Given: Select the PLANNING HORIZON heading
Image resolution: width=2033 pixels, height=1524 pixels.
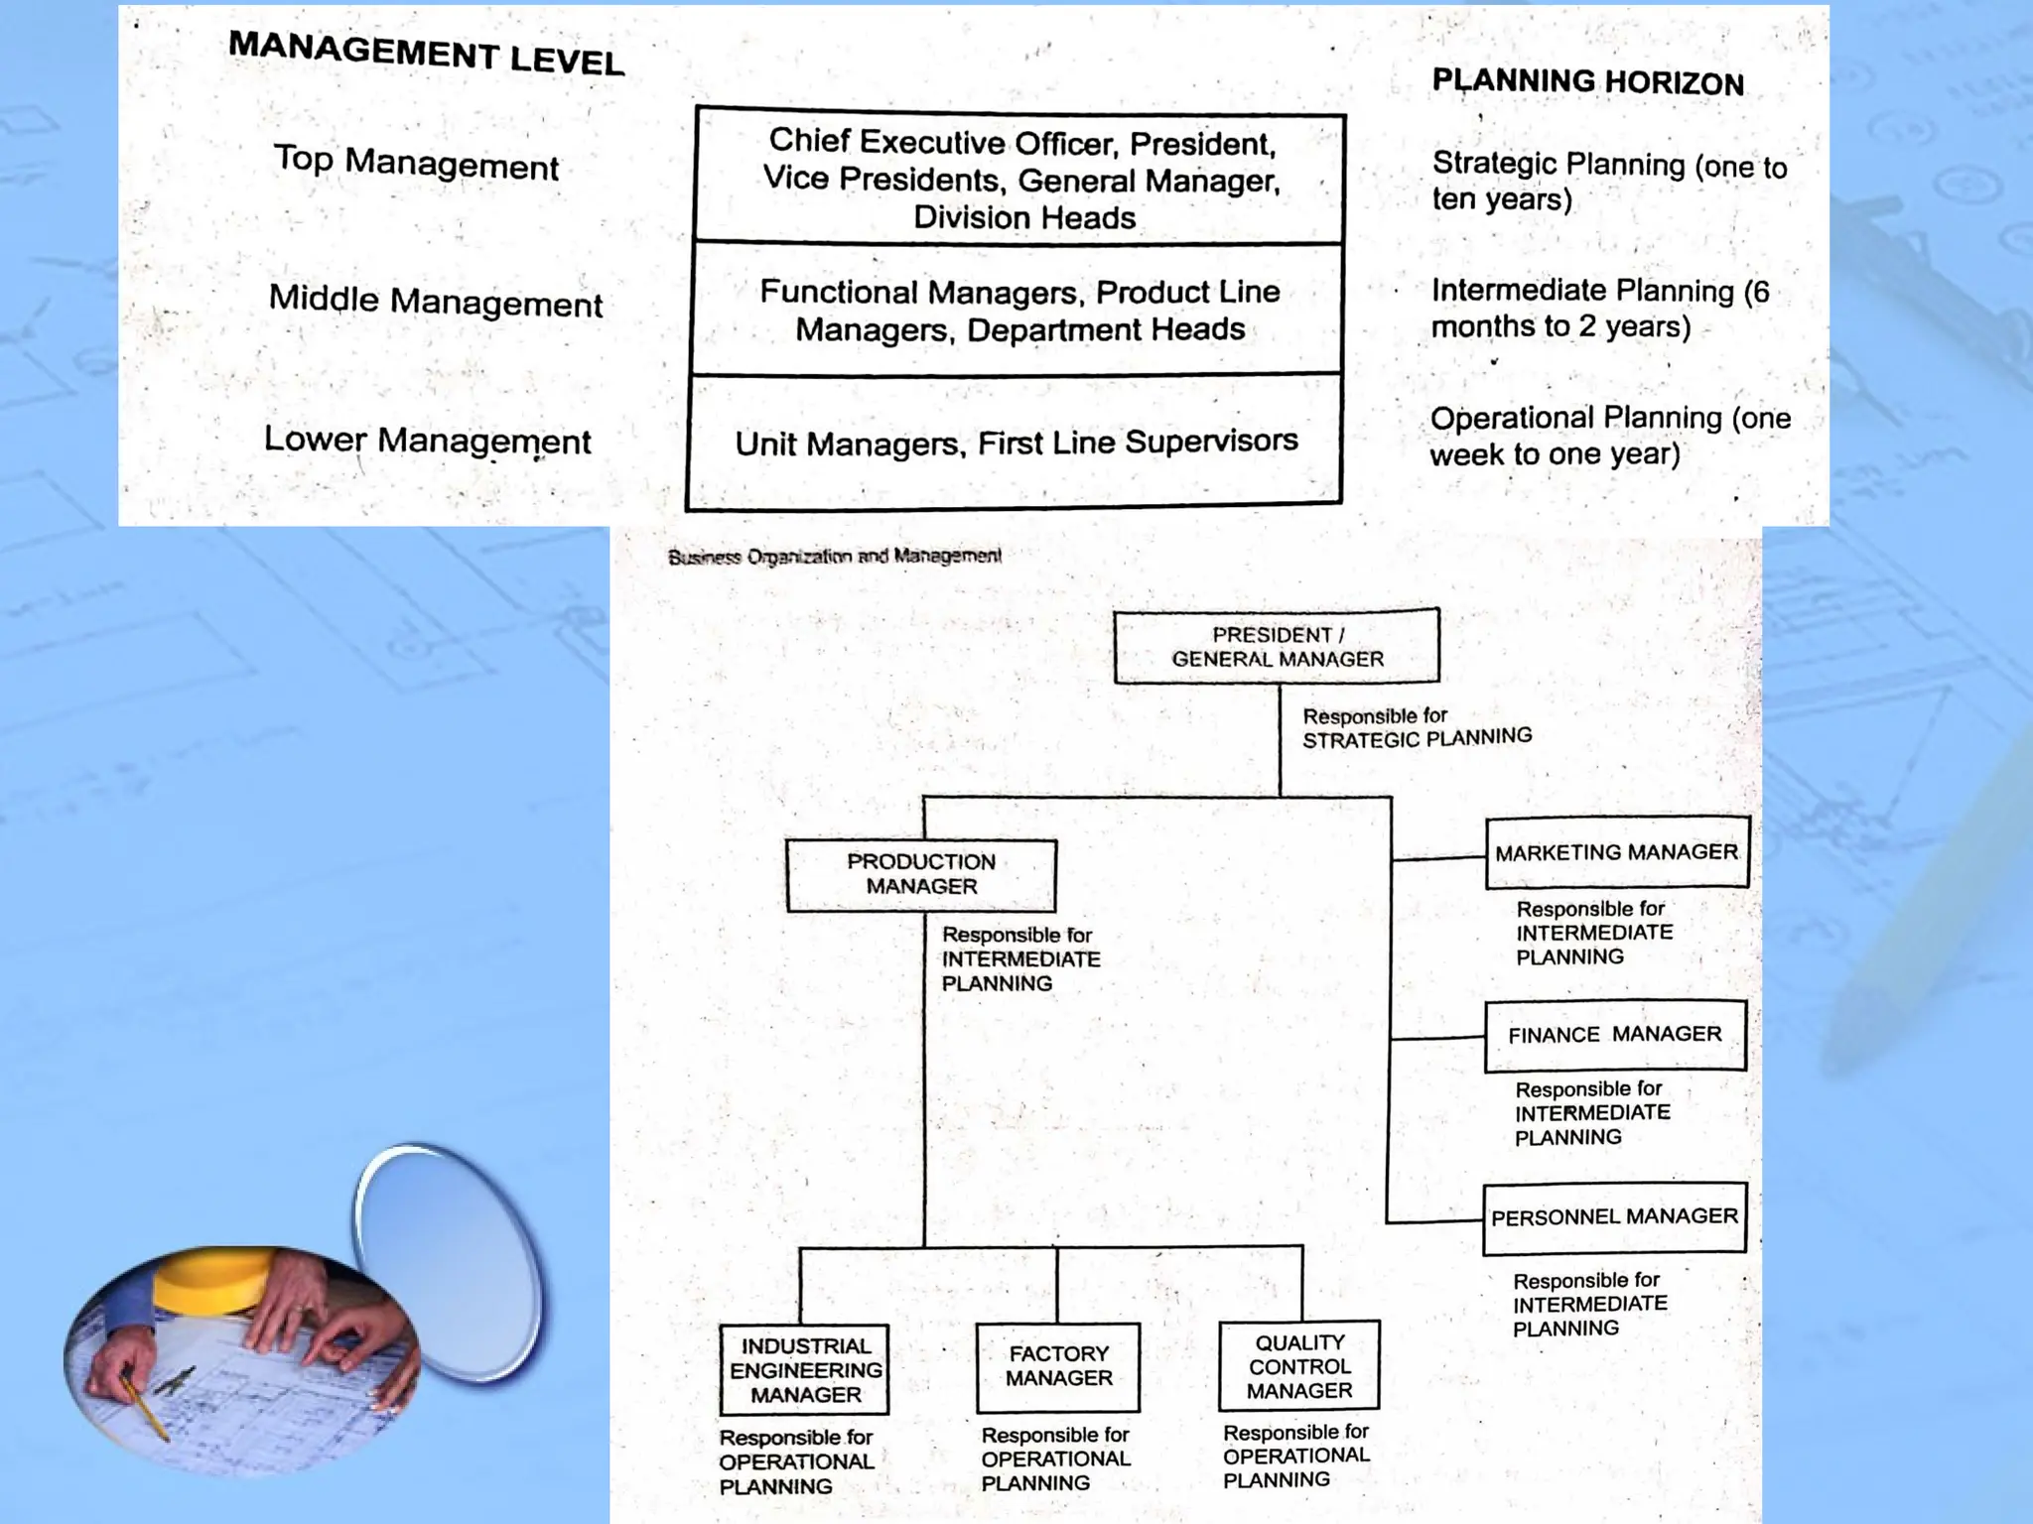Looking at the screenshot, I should (x=1587, y=82).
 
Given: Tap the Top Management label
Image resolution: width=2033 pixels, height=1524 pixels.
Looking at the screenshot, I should (x=416, y=162).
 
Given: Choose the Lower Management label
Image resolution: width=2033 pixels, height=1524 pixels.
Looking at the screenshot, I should (x=427, y=440).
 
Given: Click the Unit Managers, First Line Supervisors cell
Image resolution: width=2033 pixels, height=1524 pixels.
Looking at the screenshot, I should (x=1016, y=443).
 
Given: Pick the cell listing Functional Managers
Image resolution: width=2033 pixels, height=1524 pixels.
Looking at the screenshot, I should (x=1019, y=310).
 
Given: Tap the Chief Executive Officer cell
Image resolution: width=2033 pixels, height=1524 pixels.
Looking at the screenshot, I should (x=1021, y=180).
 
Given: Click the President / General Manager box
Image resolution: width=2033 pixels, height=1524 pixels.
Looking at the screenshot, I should (x=1277, y=647).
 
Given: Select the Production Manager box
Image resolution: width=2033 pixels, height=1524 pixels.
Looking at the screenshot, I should (x=921, y=874).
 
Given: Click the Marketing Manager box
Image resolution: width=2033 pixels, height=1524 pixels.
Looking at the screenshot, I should (x=1616, y=852).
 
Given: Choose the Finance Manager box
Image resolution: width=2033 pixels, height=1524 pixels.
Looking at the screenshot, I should (x=1615, y=1035).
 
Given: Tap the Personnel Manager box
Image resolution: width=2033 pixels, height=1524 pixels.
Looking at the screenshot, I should (x=1614, y=1217).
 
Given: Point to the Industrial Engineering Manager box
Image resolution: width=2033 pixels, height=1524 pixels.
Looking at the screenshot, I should (x=805, y=1370).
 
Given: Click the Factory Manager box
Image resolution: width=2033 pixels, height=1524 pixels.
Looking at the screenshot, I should (x=1058, y=1366).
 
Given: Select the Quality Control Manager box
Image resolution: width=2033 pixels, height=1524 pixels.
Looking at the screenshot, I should (x=1299, y=1366).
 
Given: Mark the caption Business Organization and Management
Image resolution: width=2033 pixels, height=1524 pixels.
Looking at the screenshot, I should (x=834, y=557).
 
